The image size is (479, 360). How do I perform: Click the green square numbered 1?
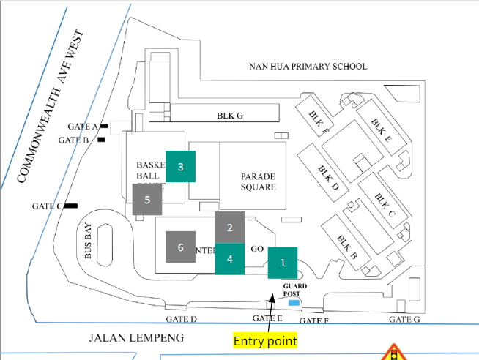pos(283,262)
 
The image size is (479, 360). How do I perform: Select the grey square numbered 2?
pos(229,228)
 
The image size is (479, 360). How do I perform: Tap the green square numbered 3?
pos(181,166)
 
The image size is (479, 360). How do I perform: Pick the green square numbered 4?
pos(229,259)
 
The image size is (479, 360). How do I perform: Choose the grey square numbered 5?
pos(147,199)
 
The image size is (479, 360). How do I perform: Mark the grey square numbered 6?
pos(180,247)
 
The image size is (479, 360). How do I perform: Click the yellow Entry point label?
pos(265,341)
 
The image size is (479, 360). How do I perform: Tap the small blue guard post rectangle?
pos(294,302)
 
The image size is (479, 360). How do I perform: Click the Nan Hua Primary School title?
pos(308,67)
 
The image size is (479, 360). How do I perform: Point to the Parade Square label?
pos(258,181)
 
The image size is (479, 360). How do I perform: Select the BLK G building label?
pos(229,115)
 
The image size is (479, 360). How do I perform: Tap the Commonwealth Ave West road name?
pos(51,106)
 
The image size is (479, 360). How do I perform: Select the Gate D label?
pos(182,319)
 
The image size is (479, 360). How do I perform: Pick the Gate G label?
pos(404,319)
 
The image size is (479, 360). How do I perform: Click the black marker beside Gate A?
pos(105,126)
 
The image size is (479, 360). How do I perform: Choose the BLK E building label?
pos(382,132)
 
